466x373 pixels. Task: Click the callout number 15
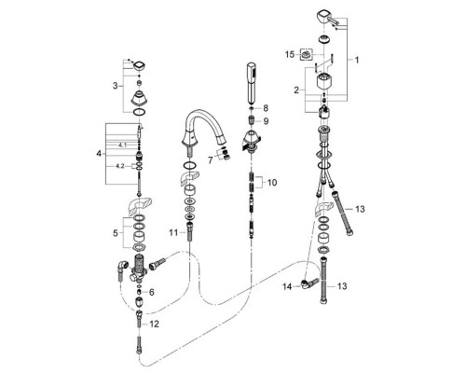coord(290,55)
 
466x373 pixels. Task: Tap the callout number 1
coord(357,60)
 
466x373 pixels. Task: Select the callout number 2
coord(296,90)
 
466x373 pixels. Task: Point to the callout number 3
coord(116,86)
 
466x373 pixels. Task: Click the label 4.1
coord(122,145)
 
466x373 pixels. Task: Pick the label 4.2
coord(120,166)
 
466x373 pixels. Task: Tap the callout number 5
coord(116,233)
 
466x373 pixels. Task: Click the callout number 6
coord(151,292)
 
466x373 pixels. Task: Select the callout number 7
coord(211,160)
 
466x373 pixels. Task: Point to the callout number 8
coord(266,108)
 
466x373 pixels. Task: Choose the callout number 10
coord(272,183)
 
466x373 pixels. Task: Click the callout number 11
coord(173,232)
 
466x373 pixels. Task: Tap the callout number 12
coord(154,325)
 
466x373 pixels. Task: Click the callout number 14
coord(287,286)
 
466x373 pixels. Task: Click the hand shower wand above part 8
coord(251,83)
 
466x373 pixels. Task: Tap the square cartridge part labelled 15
coord(307,55)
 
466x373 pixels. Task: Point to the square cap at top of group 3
coord(140,66)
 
